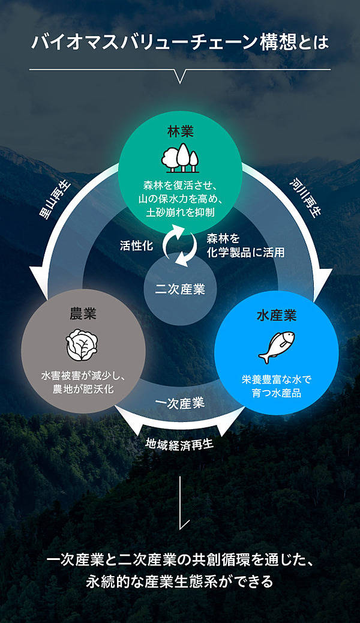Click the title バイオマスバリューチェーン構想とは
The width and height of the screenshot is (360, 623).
pyautogui.click(x=180, y=44)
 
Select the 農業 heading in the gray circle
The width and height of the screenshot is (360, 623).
pyautogui.click(x=83, y=313)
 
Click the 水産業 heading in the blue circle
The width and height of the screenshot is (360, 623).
pyautogui.click(x=276, y=315)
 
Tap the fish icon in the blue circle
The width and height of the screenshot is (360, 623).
pyautogui.click(x=276, y=347)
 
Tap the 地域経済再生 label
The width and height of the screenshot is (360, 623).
pyautogui.click(x=180, y=444)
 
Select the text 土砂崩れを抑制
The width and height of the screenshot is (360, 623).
pyautogui.click(x=180, y=212)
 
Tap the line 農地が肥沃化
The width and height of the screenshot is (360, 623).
pyautogui.click(x=83, y=388)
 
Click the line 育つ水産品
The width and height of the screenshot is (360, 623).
pyautogui.click(x=277, y=393)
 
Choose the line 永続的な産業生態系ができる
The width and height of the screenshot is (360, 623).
pyautogui.click(x=180, y=582)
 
